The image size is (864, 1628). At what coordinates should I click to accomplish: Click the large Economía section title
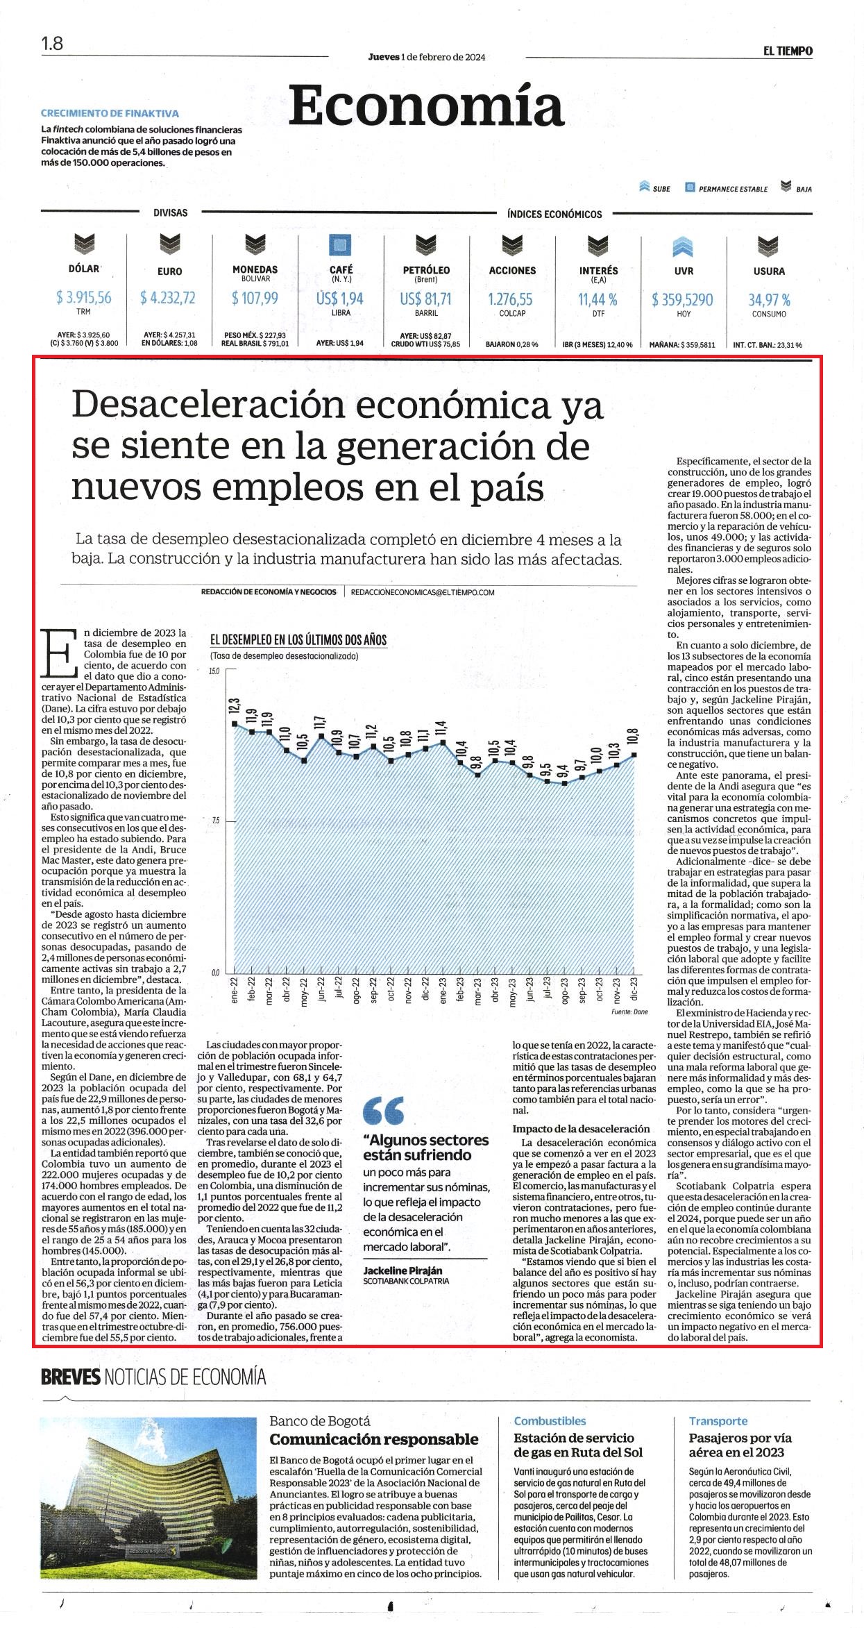(426, 107)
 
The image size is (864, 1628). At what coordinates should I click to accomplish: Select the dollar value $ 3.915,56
(84, 297)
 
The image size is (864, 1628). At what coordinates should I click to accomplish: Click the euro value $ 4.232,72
(168, 298)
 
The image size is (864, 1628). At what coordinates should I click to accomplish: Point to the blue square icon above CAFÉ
(340, 246)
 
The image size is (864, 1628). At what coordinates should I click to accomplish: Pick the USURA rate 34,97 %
(769, 300)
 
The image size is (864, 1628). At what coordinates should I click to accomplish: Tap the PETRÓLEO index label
(426, 270)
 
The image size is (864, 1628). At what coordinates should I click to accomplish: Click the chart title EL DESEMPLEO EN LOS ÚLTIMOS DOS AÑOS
(298, 639)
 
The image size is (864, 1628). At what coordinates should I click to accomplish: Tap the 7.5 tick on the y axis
(214, 821)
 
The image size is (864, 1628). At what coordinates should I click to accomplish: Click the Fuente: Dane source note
(629, 1012)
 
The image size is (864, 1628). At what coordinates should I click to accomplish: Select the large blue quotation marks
(384, 1111)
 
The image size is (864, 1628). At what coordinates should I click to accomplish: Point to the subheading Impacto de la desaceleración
(581, 1128)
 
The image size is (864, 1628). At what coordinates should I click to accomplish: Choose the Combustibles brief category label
(550, 1420)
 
